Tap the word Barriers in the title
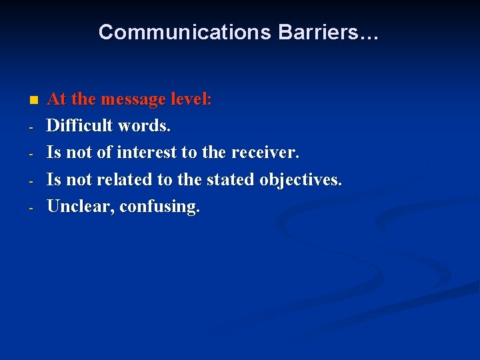point(317,32)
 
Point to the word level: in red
point(191,99)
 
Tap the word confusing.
point(160,207)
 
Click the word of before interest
point(104,153)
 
